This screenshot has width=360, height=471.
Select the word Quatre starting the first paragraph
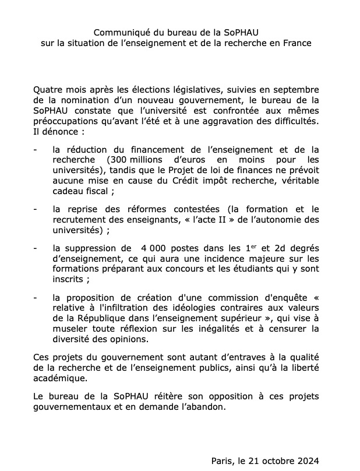tap(47, 90)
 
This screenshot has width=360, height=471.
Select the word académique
tap(60, 378)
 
